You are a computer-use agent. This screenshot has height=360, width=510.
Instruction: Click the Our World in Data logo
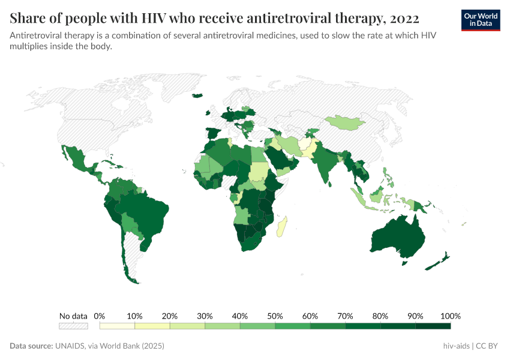point(480,20)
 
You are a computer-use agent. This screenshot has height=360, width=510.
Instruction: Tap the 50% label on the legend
point(275,316)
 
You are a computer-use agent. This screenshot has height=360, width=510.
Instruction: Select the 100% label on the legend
point(450,316)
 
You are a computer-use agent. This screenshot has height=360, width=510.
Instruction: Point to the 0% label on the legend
point(100,316)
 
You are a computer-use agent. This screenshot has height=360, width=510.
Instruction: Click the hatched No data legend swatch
point(73,326)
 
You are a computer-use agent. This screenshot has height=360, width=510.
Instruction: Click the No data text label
point(73,316)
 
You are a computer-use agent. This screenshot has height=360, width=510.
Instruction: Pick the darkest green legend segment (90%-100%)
point(433,326)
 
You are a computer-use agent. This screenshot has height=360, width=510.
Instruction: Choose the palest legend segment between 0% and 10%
point(117,326)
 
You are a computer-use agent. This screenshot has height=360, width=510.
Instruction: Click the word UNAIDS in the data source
point(73,346)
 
